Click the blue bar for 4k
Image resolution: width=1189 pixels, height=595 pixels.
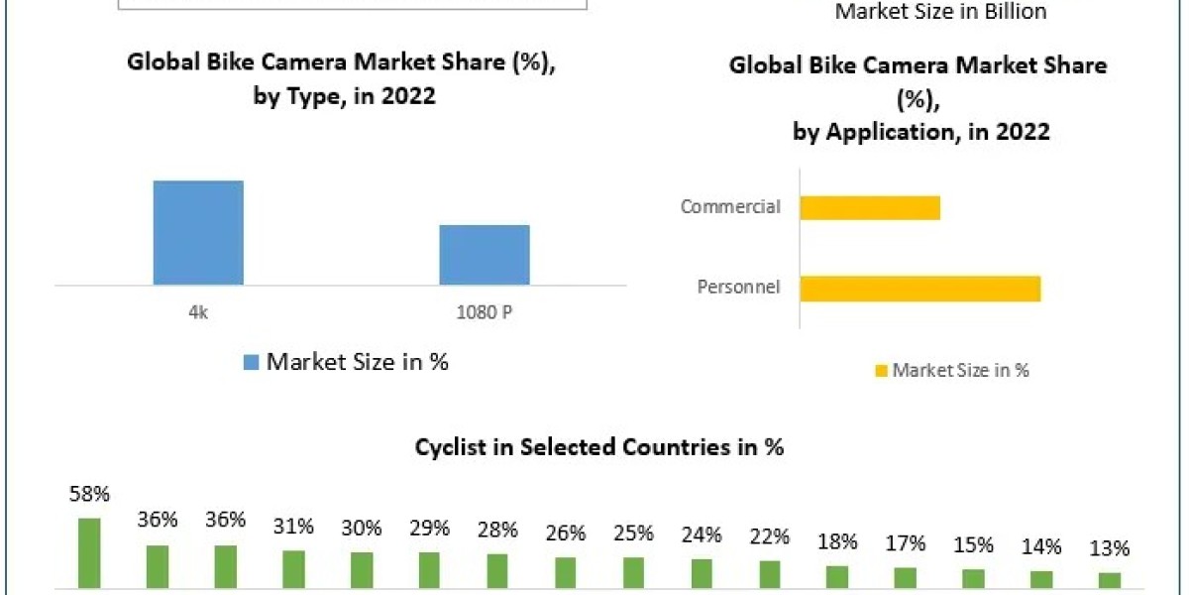198,233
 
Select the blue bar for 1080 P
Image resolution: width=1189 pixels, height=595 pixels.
485,255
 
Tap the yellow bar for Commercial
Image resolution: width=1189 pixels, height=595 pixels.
870,207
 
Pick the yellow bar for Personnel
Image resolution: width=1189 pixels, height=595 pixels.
919,288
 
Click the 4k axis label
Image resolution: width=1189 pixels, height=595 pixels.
198,312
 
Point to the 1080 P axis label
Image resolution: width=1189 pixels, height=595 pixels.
485,312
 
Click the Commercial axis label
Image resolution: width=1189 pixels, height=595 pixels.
730,207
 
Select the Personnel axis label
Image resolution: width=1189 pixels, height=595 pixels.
738,288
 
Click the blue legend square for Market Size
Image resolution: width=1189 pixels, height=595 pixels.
251,363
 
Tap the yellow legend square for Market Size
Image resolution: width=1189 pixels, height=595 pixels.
880,371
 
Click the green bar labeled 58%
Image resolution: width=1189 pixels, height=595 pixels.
89,552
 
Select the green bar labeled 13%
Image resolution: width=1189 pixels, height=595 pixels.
1110,580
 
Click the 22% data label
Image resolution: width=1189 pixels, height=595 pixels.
770,536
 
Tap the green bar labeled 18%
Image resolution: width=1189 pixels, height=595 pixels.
837,576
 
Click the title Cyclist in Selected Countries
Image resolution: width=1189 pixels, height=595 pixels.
599,447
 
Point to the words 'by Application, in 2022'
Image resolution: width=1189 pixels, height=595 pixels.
920,132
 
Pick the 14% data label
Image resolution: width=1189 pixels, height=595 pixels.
1041,546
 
